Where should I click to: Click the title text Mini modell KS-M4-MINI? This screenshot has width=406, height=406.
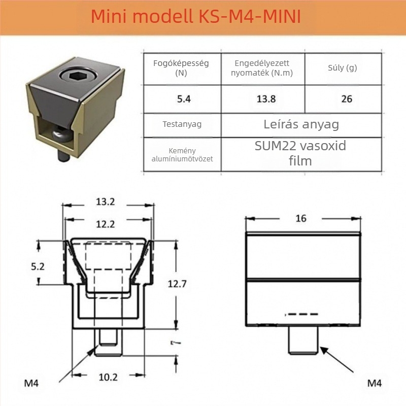(196, 16)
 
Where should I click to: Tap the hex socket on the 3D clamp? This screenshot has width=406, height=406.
(78, 75)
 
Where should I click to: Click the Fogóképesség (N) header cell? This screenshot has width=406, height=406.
(181, 68)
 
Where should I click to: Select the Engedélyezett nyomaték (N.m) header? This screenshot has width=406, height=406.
(262, 68)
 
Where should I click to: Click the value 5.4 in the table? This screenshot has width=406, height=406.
(184, 99)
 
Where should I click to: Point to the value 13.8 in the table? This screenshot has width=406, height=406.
(266, 99)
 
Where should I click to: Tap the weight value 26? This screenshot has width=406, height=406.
(347, 99)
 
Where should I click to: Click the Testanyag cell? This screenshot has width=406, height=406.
(182, 124)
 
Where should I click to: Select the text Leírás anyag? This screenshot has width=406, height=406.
(301, 124)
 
